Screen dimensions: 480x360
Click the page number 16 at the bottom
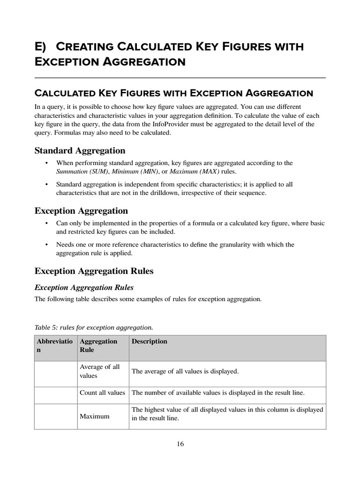[180, 444]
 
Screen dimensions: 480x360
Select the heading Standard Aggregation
[80, 150]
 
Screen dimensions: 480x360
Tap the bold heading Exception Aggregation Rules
[94, 271]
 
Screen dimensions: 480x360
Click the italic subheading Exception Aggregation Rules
[84, 287]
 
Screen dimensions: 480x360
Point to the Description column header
[150, 341]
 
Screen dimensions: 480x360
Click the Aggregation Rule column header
[98, 345]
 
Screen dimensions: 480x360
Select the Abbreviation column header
[54, 345]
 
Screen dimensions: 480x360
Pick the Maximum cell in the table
[95, 416]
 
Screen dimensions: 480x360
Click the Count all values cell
[103, 393]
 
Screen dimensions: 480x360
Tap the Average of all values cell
[100, 371]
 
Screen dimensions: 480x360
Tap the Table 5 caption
[94, 327]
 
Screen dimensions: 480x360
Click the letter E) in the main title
[43, 47]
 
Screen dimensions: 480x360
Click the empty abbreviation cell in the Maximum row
[56, 414]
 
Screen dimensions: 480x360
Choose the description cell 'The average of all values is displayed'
[185, 371]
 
